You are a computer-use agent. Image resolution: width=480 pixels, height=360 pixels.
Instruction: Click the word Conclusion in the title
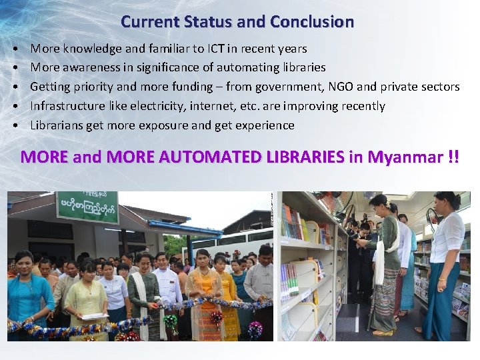pos(311,22)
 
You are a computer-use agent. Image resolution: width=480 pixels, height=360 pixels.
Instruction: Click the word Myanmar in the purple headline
pos(405,157)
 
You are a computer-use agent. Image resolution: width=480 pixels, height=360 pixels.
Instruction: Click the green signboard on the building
pos(87,207)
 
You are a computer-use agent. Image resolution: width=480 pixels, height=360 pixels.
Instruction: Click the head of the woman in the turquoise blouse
pos(24,257)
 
